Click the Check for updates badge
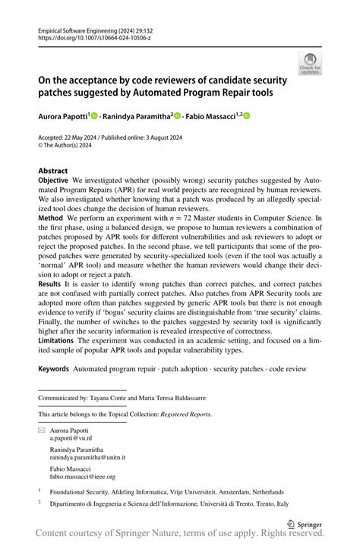[x=310, y=64]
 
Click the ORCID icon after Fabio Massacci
[x=246, y=116]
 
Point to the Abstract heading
[x=53, y=171]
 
